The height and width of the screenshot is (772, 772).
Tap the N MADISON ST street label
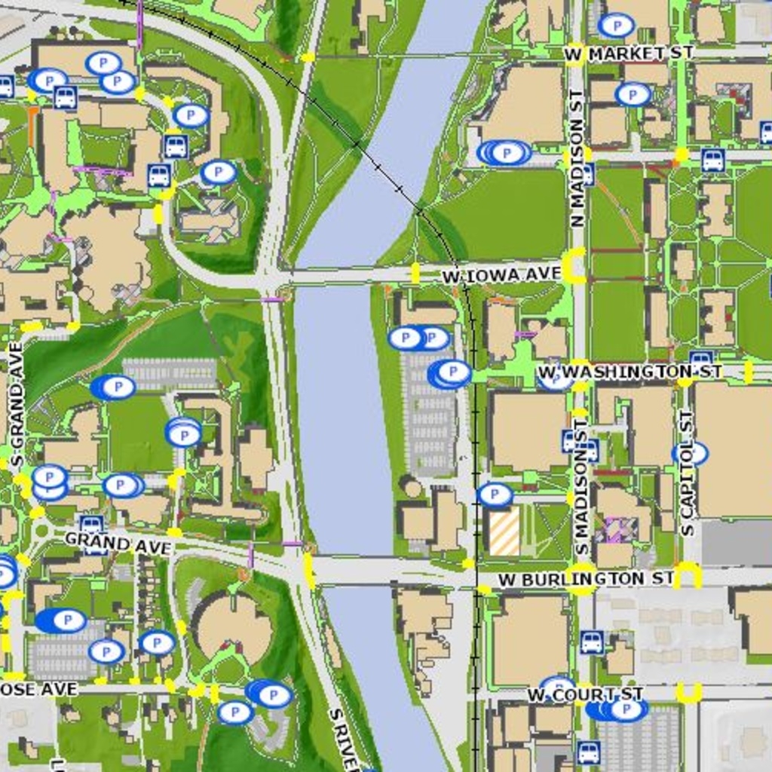pyautogui.click(x=577, y=158)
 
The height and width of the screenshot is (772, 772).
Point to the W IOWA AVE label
pyautogui.click(x=501, y=275)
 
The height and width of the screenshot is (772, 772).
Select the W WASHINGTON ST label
pyautogui.click(x=630, y=372)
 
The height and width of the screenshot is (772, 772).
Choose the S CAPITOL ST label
pyautogui.click(x=687, y=473)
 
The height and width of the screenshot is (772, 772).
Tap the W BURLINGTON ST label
pyautogui.click(x=586, y=579)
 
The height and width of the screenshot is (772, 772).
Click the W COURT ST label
pyautogui.click(x=584, y=694)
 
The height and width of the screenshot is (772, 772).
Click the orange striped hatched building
pyautogui.click(x=504, y=531)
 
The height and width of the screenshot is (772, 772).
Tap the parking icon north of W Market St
pyautogui.click(x=616, y=26)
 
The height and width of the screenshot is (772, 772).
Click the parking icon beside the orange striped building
pyautogui.click(x=495, y=495)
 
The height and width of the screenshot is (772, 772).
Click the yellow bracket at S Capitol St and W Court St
pyautogui.click(x=688, y=693)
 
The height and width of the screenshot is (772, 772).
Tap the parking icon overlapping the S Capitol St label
pyautogui.click(x=691, y=453)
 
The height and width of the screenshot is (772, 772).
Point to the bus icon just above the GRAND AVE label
pyautogui.click(x=91, y=524)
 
